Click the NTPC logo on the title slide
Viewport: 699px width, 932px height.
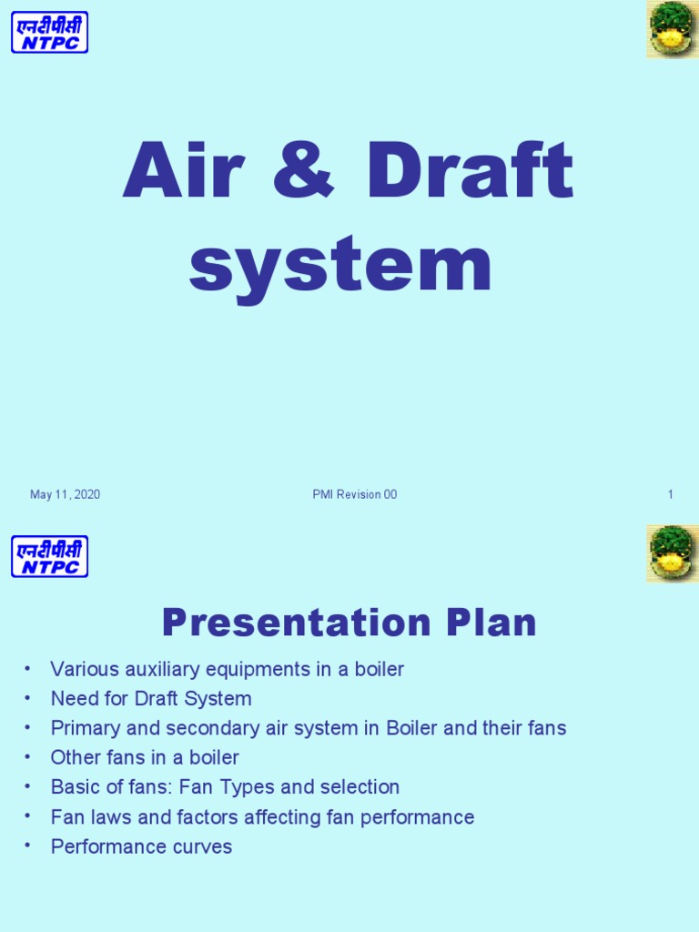coord(49,32)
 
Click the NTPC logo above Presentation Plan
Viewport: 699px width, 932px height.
coord(49,556)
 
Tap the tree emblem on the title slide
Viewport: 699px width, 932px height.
coord(672,29)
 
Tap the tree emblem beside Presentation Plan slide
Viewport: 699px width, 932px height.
coord(672,553)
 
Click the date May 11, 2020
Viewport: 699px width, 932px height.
coord(65,495)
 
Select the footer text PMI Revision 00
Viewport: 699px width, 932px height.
coord(354,495)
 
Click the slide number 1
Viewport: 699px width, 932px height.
coord(670,495)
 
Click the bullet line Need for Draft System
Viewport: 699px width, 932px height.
coord(151,699)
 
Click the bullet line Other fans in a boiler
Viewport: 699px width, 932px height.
coord(145,757)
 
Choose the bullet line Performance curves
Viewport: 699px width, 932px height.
coord(141,846)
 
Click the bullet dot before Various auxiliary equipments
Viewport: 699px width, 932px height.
coord(28,669)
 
